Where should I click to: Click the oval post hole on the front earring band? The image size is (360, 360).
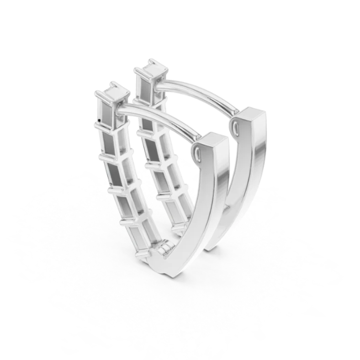(197, 151)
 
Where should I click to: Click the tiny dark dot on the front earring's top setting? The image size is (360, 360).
(99, 121)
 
